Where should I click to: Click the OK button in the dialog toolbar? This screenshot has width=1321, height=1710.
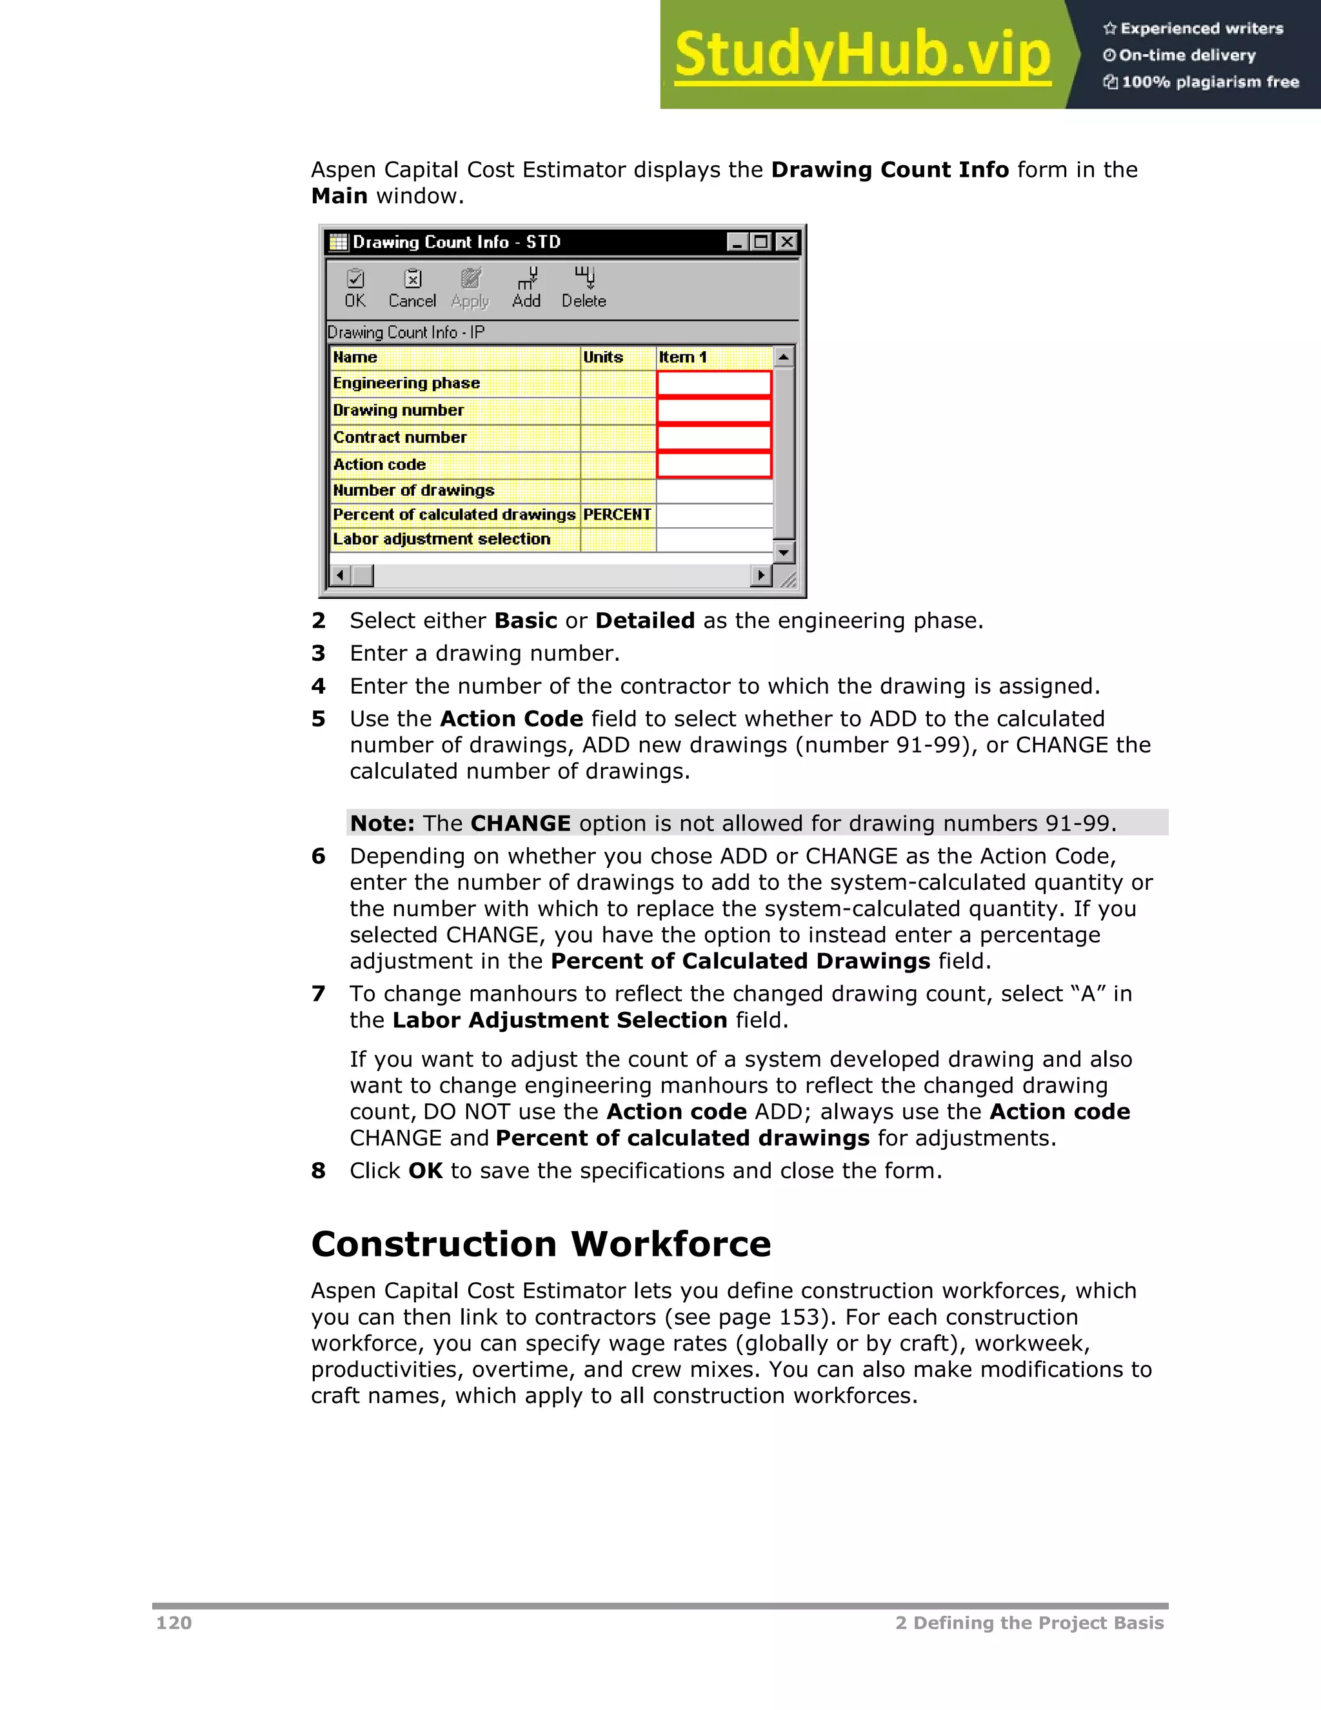(355, 288)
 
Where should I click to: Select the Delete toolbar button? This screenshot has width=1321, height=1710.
(584, 288)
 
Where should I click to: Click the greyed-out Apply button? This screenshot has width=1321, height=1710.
(470, 288)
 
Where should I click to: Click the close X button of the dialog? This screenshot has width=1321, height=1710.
(786, 242)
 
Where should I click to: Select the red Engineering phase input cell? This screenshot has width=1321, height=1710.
(714, 384)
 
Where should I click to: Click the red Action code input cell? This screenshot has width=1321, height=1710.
(714, 465)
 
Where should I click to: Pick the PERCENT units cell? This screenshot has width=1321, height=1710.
(617, 515)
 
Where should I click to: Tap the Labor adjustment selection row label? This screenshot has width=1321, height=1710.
(442, 539)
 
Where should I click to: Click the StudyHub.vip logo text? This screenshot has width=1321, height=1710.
(862, 55)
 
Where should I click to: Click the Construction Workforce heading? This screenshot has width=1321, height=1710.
(541, 1244)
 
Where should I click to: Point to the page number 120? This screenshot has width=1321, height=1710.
(174, 1623)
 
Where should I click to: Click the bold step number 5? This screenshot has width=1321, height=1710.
(318, 719)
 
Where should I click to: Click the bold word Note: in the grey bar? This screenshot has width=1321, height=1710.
(382, 823)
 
